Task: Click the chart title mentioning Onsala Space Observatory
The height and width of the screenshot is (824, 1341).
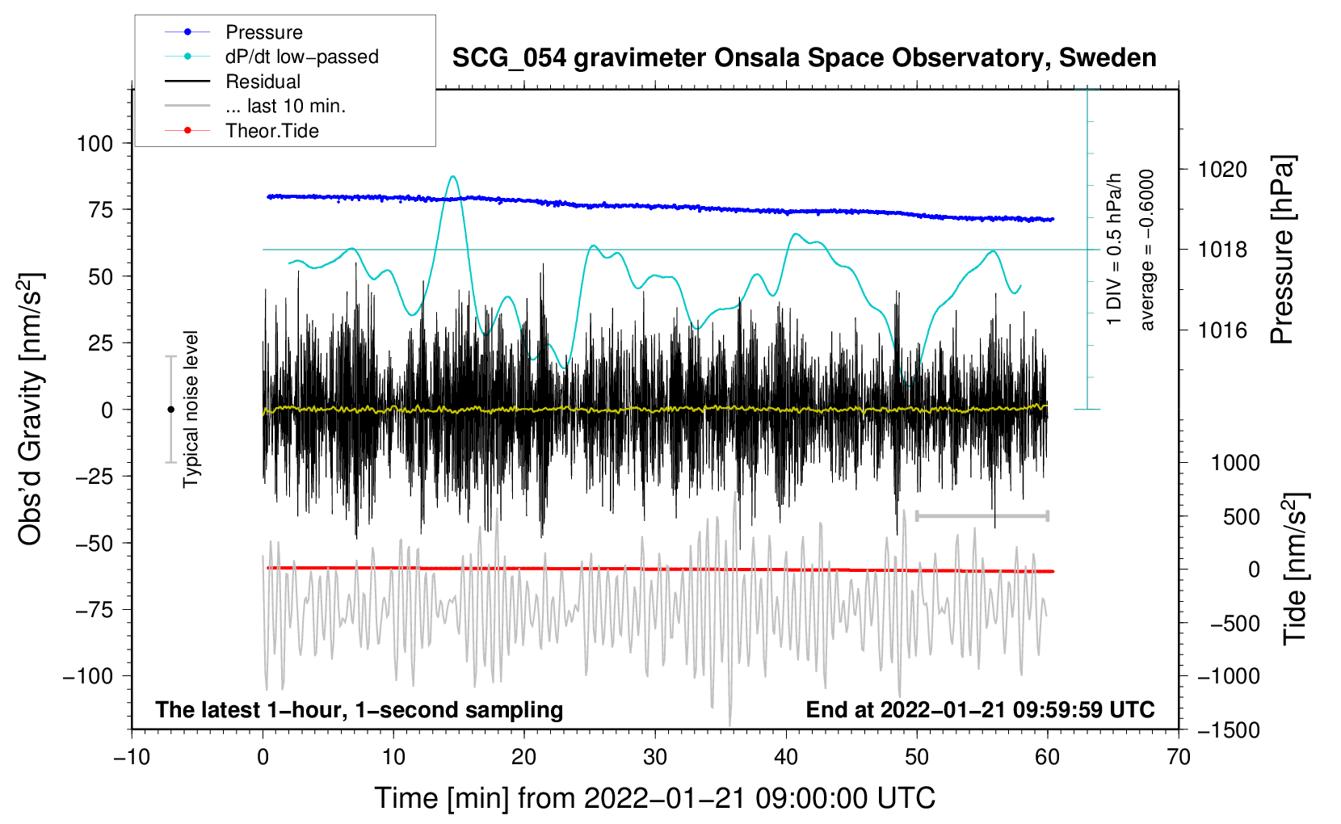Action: point(804,58)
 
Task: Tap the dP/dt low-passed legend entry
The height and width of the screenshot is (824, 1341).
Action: point(301,57)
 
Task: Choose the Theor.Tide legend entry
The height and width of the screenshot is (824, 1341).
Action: point(271,131)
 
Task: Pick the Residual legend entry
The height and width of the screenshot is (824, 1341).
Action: point(263,82)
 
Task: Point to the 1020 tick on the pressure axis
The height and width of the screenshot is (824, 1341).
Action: point(1221,170)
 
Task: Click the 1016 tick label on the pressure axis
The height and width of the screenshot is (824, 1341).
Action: point(1221,330)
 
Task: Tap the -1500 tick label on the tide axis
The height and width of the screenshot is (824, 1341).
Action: point(1229,729)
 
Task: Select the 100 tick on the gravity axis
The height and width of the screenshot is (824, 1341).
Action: point(95,144)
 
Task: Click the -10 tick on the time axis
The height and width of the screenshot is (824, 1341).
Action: point(131,757)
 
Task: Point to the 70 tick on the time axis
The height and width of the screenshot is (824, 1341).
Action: point(1178,757)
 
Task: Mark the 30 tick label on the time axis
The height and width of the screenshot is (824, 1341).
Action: point(654,757)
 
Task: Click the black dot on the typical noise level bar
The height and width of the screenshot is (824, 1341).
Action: point(170,410)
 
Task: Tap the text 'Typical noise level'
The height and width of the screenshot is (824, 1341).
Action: point(191,409)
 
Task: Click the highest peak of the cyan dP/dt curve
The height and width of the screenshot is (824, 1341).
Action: point(452,176)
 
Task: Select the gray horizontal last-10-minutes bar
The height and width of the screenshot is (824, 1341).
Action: point(982,515)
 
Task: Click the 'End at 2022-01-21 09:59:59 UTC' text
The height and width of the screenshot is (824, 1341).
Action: point(980,709)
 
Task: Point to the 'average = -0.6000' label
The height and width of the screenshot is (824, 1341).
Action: point(1147,250)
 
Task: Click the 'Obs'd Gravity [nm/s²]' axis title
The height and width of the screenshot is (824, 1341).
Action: point(31,409)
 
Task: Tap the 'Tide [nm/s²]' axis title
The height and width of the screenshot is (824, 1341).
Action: point(1295,569)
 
